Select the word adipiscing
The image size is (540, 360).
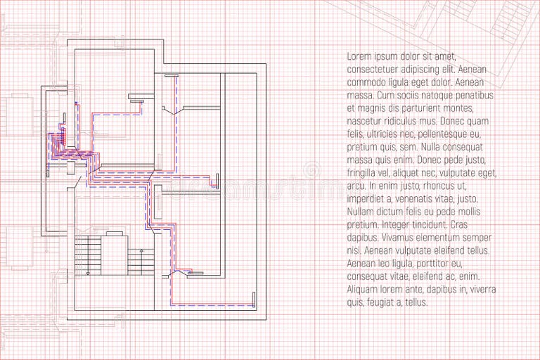point(430,69)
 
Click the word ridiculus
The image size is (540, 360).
point(407,121)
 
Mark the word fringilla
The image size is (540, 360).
point(365,173)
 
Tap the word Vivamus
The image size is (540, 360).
point(406,238)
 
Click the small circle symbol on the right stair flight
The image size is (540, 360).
point(141,250)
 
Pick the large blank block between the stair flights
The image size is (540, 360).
point(115,256)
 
